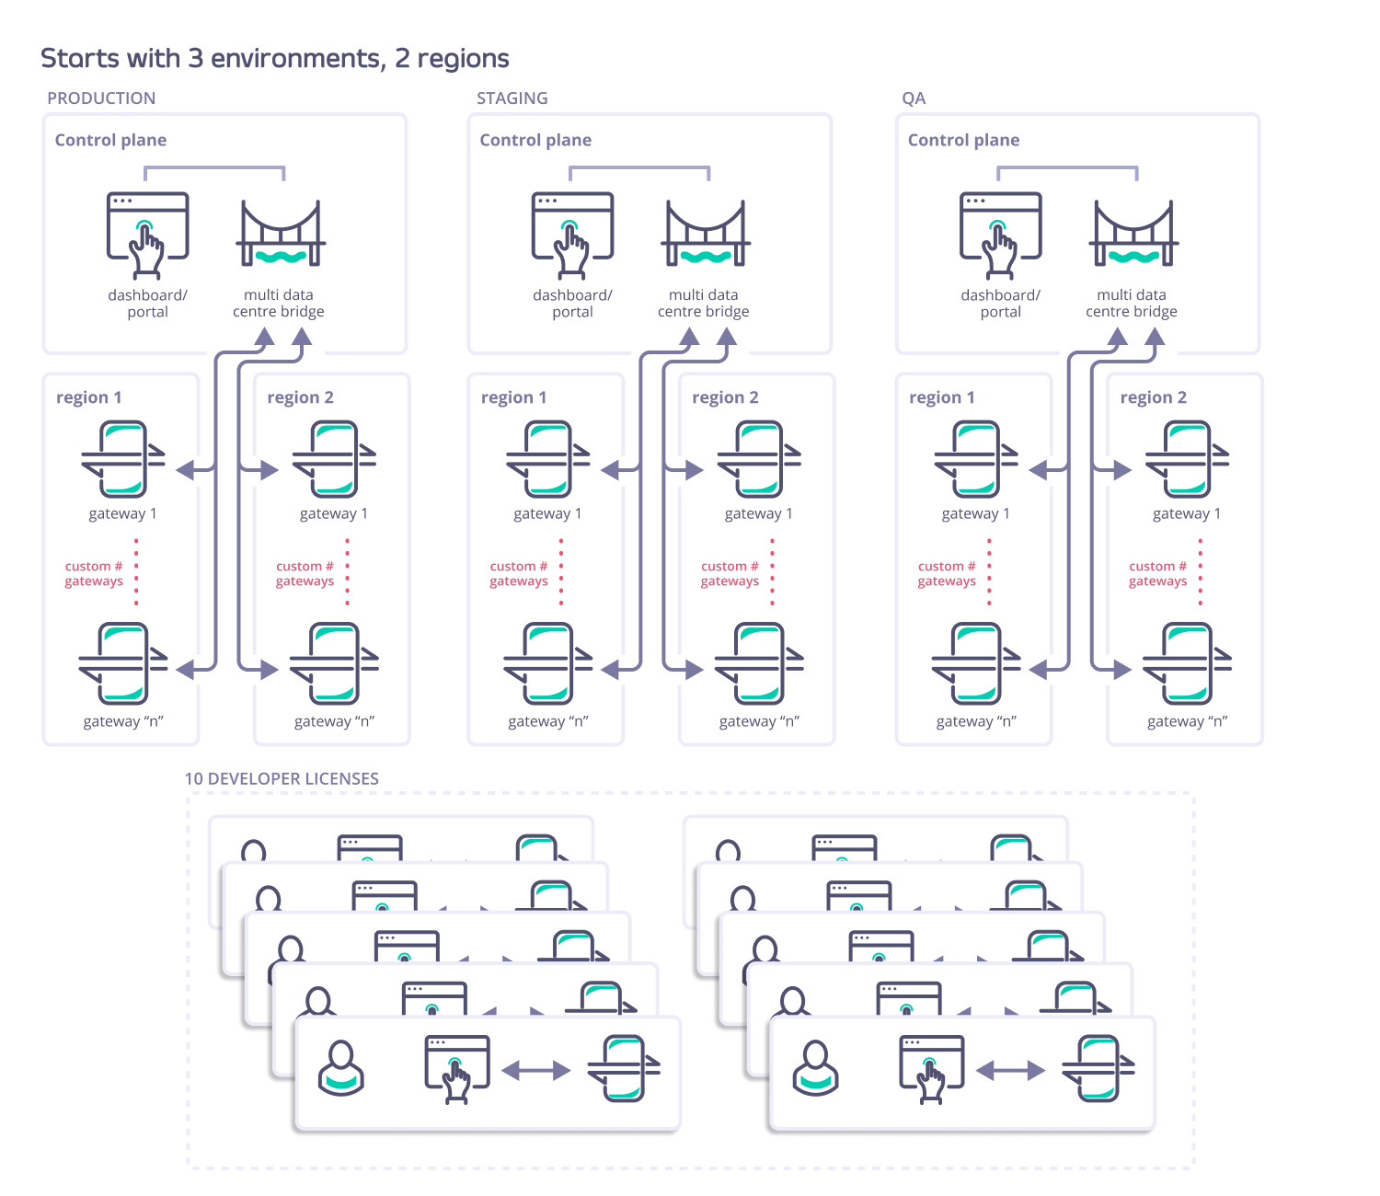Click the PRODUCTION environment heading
[x=101, y=98]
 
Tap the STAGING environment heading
[x=512, y=98]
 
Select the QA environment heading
[x=914, y=98]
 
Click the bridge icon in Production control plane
[x=281, y=235]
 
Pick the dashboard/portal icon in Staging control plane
[x=572, y=235]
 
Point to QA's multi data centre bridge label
[x=1131, y=304]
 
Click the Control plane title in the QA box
[x=963, y=140]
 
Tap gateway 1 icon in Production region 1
[x=123, y=459]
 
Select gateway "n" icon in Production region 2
[x=334, y=663]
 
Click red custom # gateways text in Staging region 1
[x=519, y=573]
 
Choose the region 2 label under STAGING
[x=725, y=397]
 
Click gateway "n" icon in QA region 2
[x=1187, y=663]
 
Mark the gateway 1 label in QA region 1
[x=975, y=513]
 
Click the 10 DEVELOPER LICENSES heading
[x=282, y=779]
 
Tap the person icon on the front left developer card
[x=341, y=1068]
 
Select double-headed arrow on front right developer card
[x=1010, y=1070]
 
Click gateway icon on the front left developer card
[x=624, y=1068]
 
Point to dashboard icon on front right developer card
[x=931, y=1067]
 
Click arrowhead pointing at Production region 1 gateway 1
[x=186, y=470]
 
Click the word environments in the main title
[x=297, y=59]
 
